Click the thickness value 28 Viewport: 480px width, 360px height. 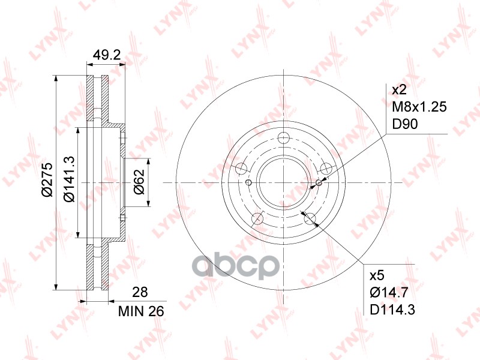(139, 292)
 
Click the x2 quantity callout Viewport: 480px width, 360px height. (399, 90)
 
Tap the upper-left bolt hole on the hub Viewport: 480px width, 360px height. (241, 169)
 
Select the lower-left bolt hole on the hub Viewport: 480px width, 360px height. (257, 218)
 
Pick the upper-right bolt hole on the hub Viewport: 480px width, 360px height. (326, 169)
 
